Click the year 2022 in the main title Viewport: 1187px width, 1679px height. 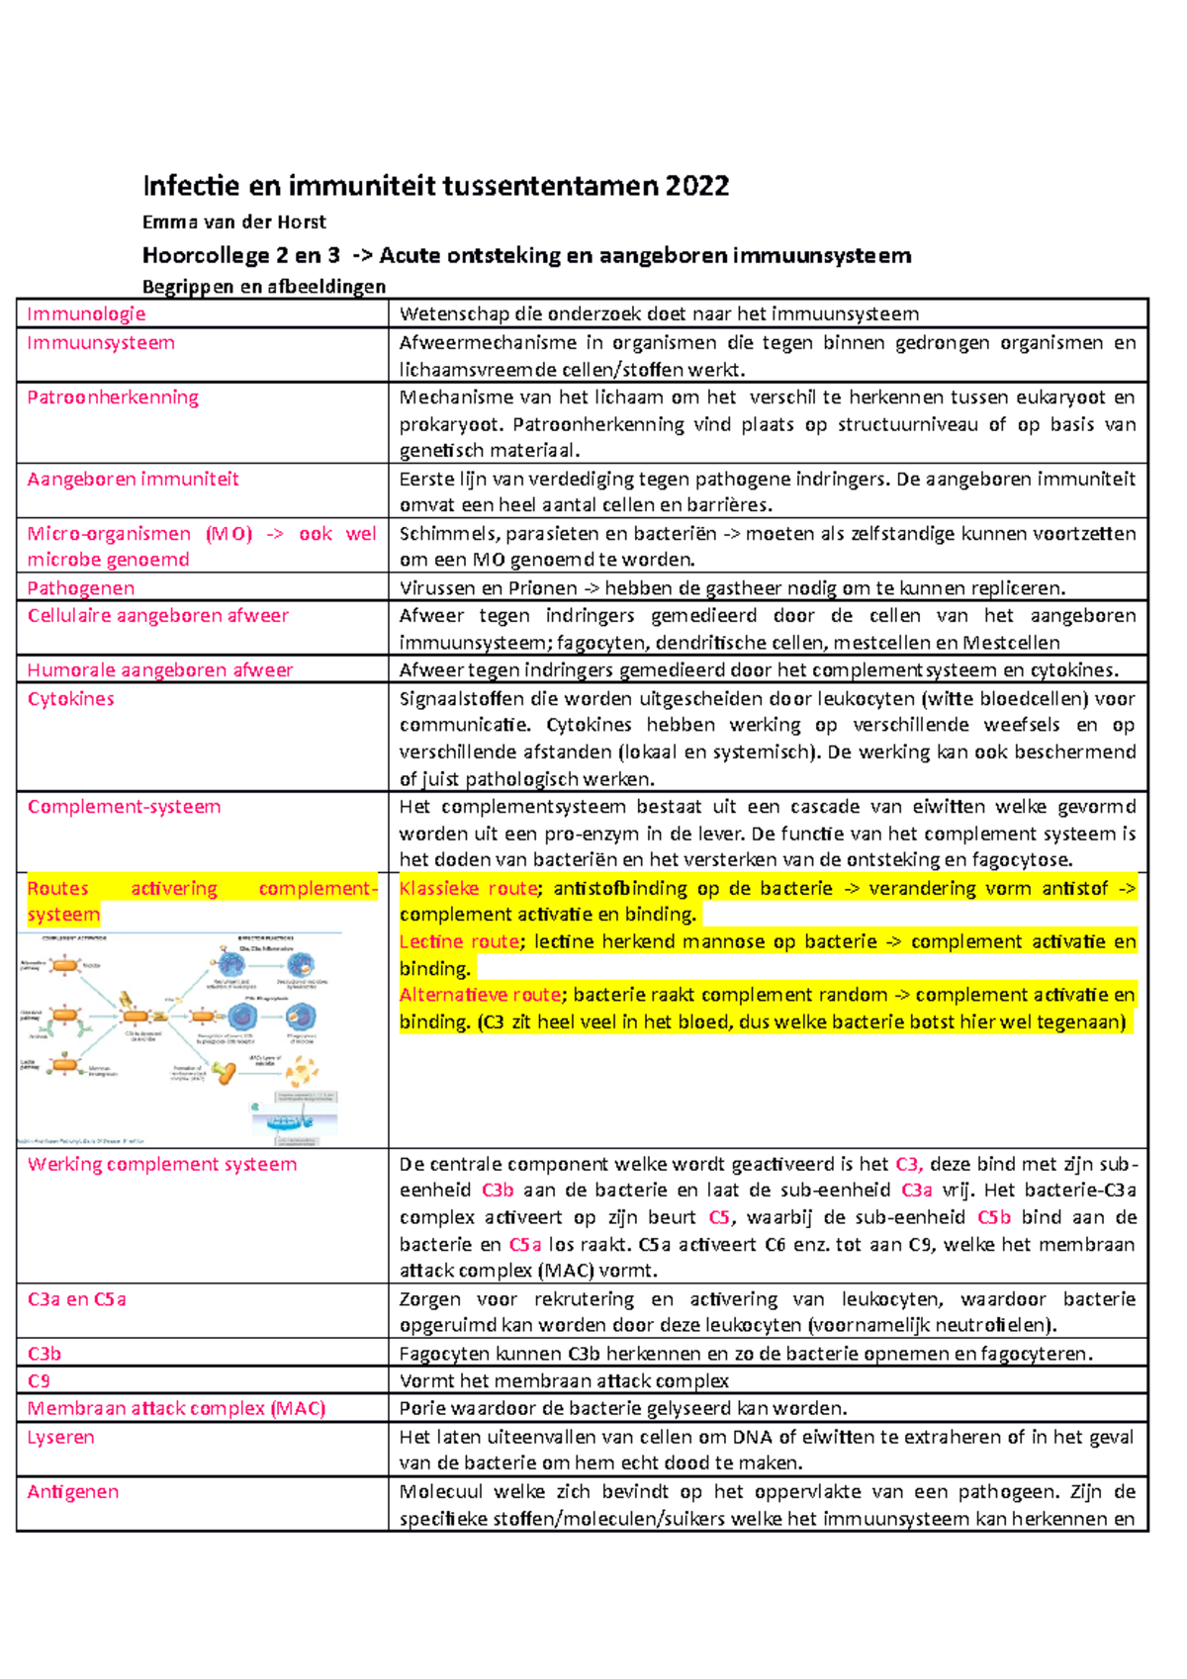coord(697,186)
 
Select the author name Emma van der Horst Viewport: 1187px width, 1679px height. coord(233,222)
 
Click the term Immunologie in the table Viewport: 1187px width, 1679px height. coord(86,314)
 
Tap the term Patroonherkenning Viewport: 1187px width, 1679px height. coord(113,398)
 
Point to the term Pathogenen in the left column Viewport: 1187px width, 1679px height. coord(81,588)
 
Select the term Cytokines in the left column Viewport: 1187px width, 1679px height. coord(70,699)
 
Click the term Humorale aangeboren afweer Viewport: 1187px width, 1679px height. coord(160,670)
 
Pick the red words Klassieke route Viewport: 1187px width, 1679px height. coord(469,889)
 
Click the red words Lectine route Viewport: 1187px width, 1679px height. coord(459,942)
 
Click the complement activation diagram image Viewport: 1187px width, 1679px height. coord(180,1038)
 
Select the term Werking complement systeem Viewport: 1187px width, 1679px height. coord(162,1165)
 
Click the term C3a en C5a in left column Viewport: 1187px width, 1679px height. coord(76,1299)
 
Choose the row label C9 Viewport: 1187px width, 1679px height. coord(39,1381)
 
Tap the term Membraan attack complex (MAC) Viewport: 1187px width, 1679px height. coord(176,1408)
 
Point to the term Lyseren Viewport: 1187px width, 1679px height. coord(60,1438)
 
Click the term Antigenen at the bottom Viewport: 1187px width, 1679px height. coord(72,1492)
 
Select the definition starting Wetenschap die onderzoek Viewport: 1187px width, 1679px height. coord(659,314)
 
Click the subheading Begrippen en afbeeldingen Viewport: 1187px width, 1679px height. coord(264,287)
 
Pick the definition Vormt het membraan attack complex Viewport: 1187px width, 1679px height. coord(564,1381)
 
